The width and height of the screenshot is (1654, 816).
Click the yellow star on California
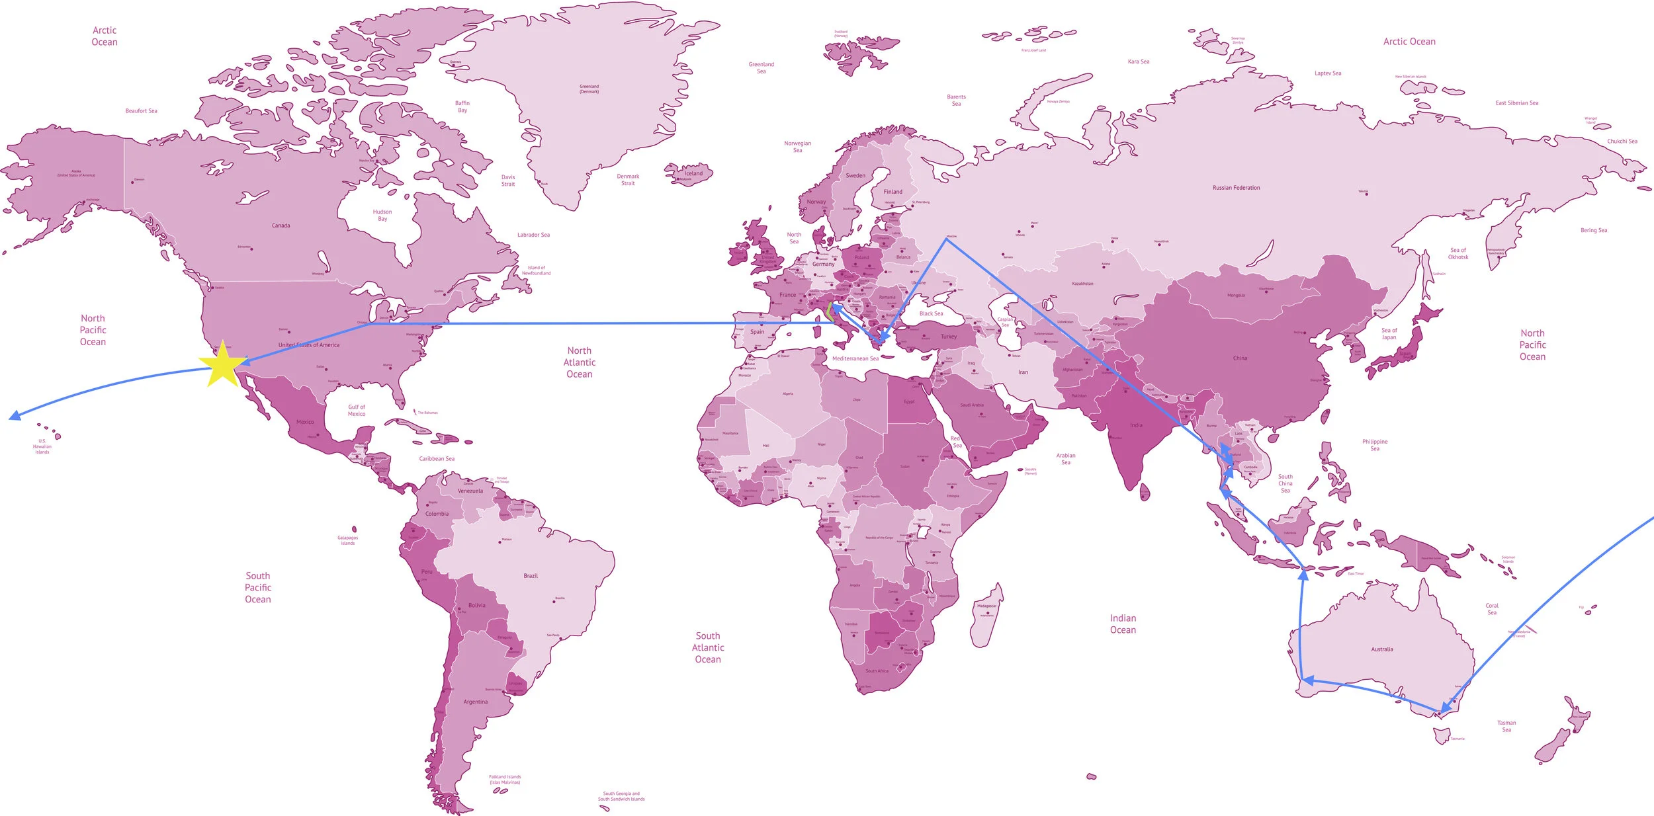(223, 364)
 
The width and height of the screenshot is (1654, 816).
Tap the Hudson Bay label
(382, 216)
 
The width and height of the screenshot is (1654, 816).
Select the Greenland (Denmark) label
(589, 89)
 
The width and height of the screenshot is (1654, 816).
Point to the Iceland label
(693, 173)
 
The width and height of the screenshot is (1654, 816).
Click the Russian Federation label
(1236, 188)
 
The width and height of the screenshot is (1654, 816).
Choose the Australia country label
(1381, 649)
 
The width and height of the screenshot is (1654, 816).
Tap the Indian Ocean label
(1123, 624)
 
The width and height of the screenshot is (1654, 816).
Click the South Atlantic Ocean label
(708, 647)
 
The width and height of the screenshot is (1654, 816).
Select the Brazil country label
(531, 576)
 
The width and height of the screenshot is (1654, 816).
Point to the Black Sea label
(931, 313)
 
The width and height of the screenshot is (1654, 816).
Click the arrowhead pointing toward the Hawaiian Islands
(13, 416)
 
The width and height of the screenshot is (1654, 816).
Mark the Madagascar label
(986, 606)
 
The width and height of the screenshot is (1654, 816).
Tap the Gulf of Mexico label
(357, 411)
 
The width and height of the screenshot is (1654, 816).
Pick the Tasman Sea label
(1506, 726)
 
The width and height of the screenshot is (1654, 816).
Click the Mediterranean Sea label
(855, 358)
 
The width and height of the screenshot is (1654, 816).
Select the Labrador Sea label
(533, 235)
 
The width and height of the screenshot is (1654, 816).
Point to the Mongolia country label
(1236, 296)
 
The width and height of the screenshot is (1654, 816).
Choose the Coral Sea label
(1492, 609)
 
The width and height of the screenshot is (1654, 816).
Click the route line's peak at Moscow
(946, 239)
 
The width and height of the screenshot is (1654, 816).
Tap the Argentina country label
(475, 702)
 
